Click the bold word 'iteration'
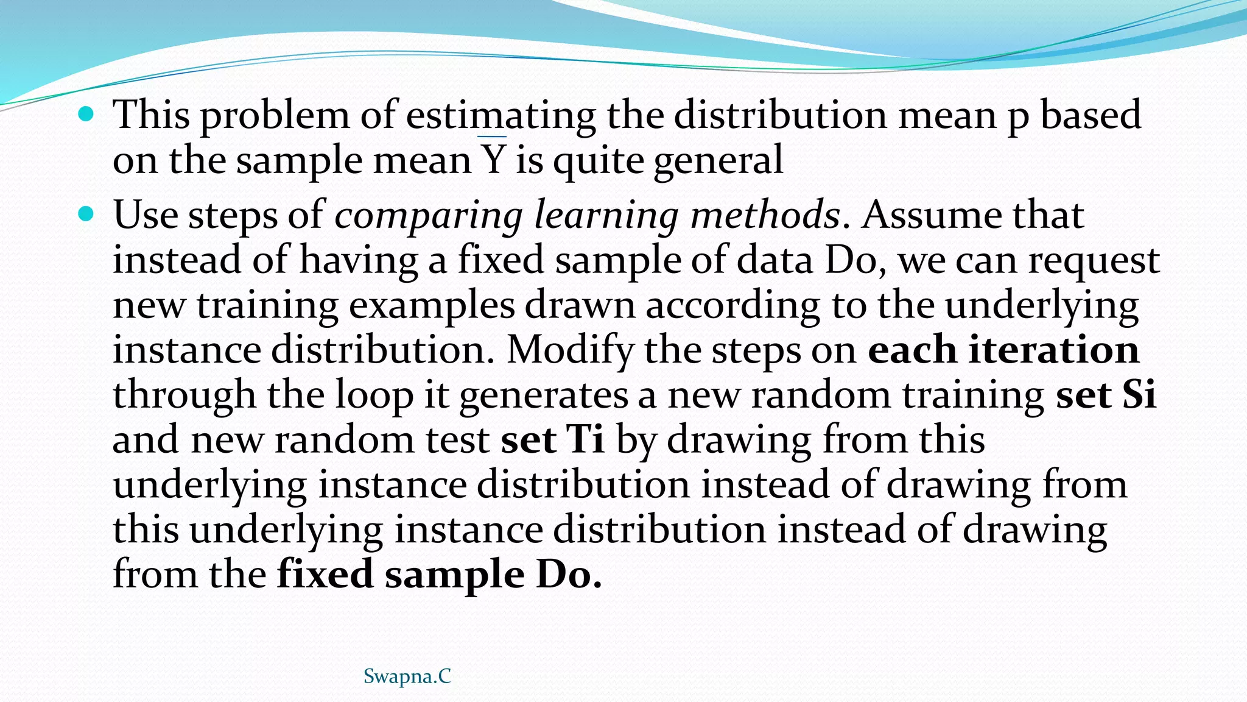1054,350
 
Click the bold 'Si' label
1138,394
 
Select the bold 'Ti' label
586,439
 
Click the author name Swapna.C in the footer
407,676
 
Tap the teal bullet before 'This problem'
86,113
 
